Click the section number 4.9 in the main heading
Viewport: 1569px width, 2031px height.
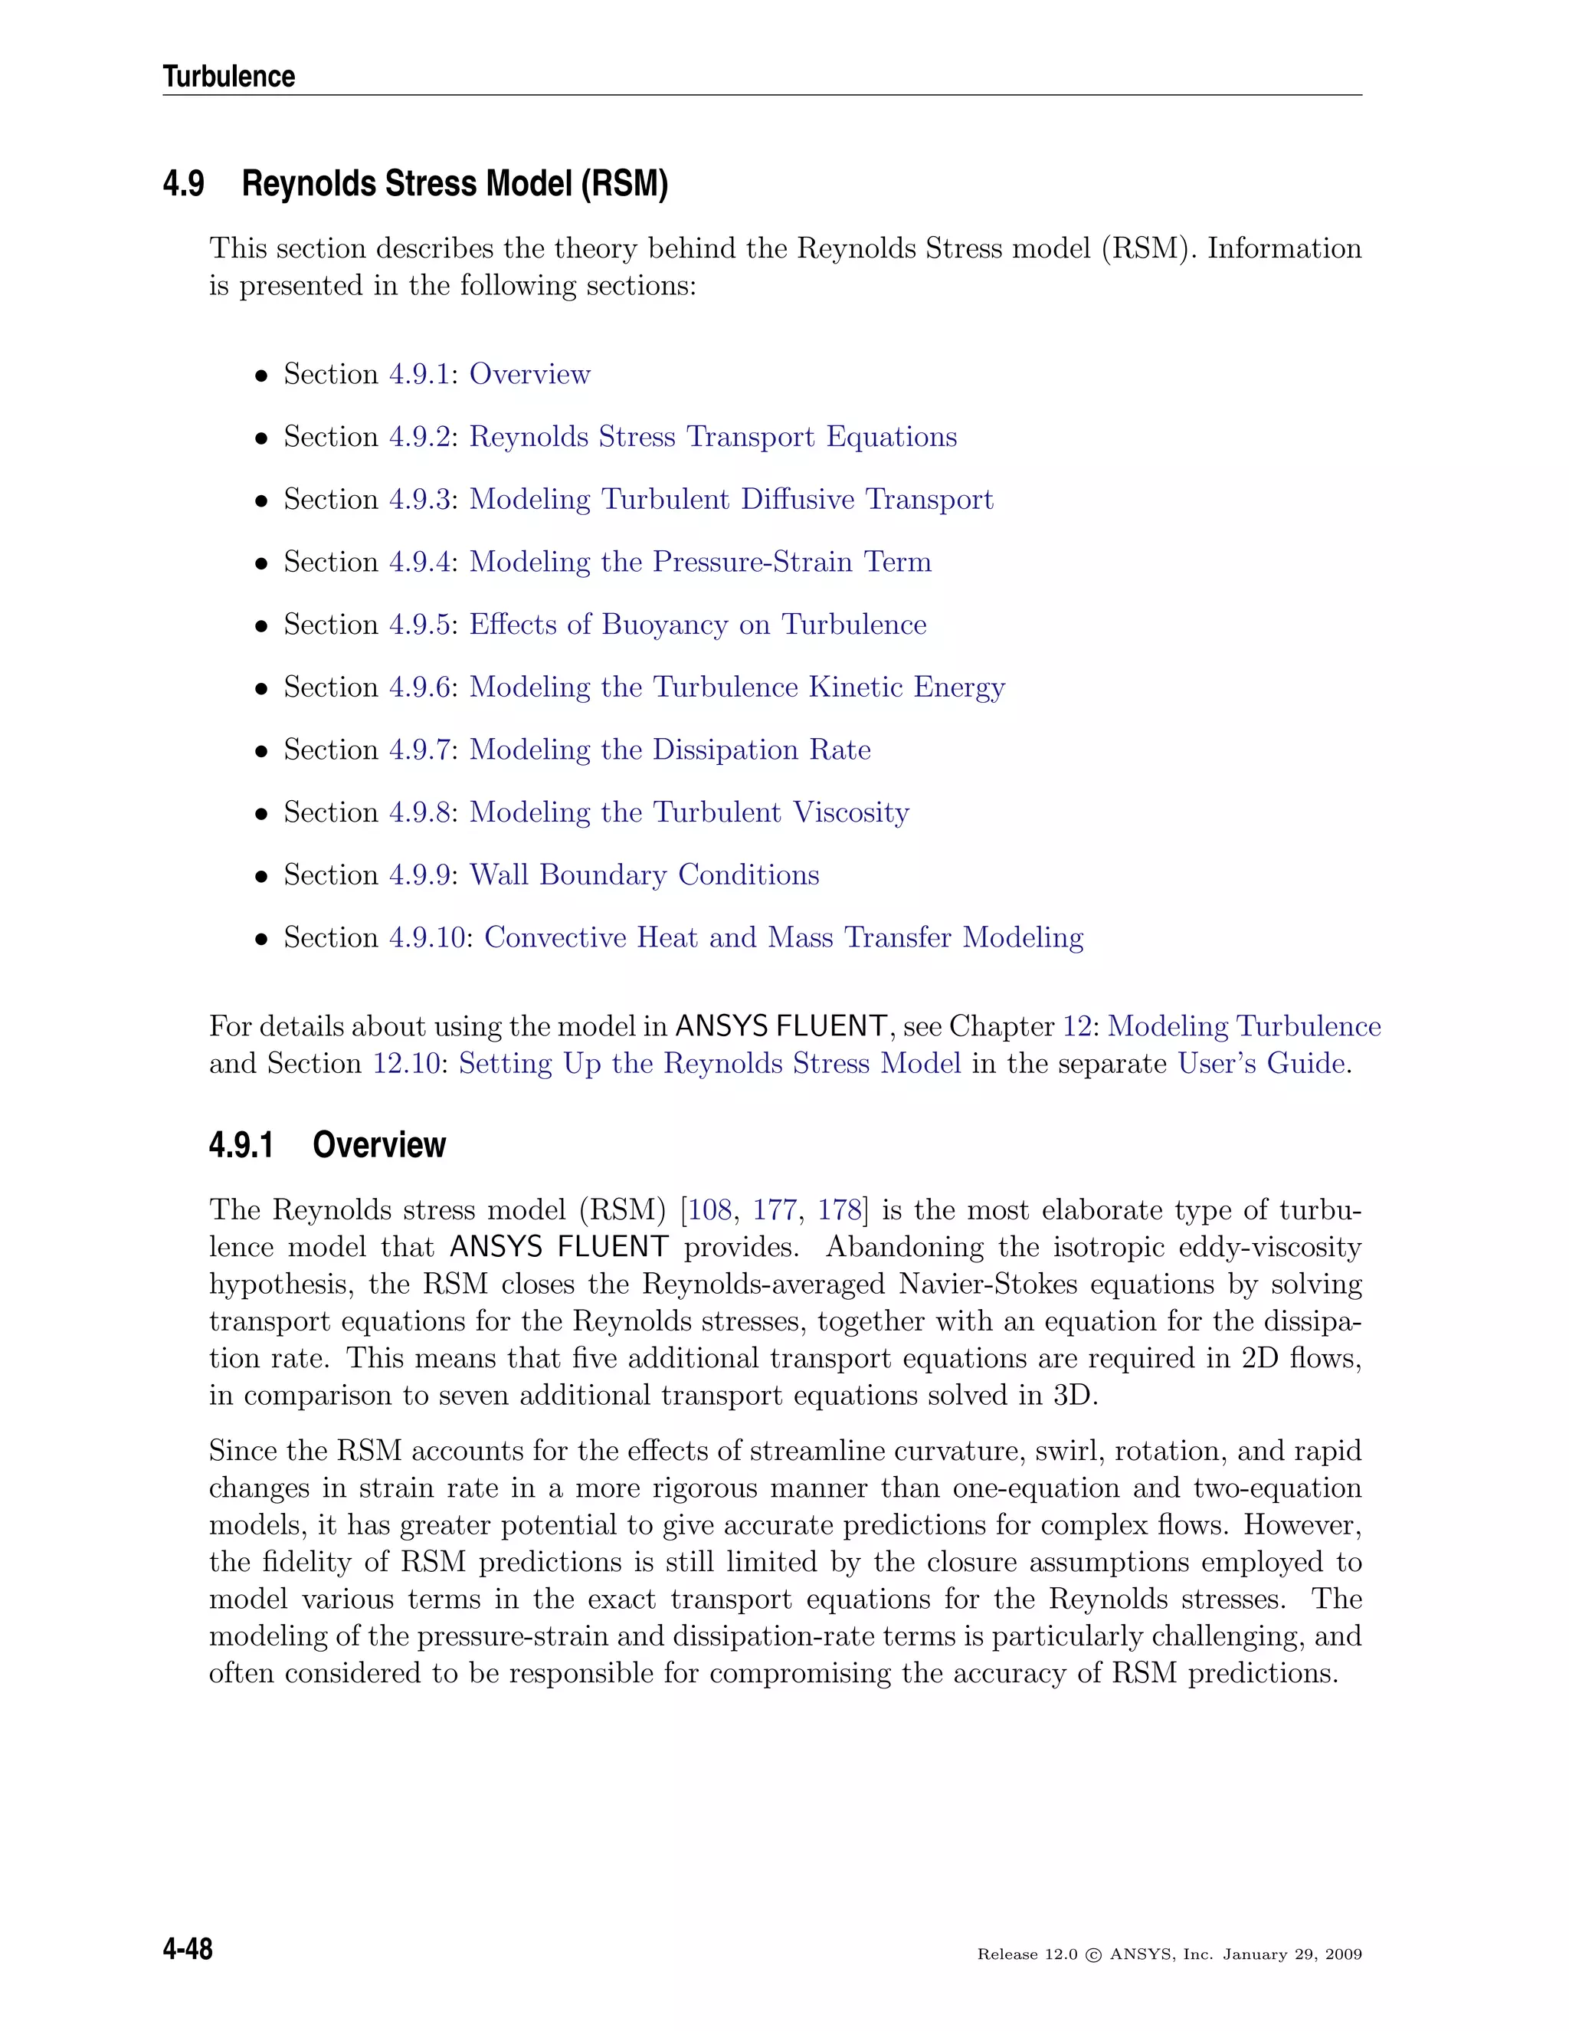[183, 183]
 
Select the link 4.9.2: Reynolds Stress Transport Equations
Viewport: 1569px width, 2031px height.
[673, 436]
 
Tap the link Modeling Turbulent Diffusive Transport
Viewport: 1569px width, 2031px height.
[731, 500]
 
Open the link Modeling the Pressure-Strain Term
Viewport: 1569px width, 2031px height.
[700, 562]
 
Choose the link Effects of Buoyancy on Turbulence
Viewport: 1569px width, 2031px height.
[697, 624]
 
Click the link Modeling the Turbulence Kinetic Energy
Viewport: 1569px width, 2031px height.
[736, 687]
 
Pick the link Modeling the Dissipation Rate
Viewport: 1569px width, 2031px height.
[670, 750]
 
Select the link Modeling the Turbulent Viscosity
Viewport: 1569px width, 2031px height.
[689, 812]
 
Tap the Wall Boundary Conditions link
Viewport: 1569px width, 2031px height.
[644, 875]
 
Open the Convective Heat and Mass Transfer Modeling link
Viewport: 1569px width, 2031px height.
[784, 937]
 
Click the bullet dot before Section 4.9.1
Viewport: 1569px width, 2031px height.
[262, 376]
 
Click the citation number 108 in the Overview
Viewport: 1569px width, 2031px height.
[710, 1210]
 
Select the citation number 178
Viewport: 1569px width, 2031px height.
[840, 1210]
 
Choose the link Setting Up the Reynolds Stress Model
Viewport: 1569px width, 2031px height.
[709, 1063]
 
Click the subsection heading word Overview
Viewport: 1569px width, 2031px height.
[379, 1145]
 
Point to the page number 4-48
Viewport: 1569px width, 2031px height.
[188, 1949]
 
